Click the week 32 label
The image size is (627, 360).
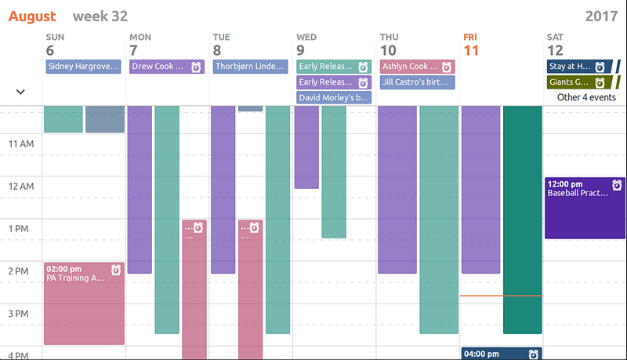(x=100, y=16)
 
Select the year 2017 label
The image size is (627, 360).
(x=601, y=16)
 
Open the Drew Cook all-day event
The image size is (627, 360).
(x=166, y=67)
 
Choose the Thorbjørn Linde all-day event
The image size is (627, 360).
(x=250, y=67)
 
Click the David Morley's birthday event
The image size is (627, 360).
(x=334, y=97)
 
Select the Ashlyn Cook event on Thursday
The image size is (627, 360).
(x=417, y=67)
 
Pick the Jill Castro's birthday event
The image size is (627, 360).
(x=417, y=82)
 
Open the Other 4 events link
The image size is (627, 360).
(x=585, y=97)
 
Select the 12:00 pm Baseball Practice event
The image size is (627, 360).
(x=585, y=208)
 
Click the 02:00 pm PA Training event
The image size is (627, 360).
(x=85, y=303)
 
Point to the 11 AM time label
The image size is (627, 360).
(x=20, y=144)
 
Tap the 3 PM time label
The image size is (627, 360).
(x=22, y=314)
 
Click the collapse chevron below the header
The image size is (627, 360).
(x=20, y=92)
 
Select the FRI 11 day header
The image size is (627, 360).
(x=471, y=45)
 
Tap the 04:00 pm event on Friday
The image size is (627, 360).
(x=502, y=354)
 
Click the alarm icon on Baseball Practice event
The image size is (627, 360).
(x=617, y=184)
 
